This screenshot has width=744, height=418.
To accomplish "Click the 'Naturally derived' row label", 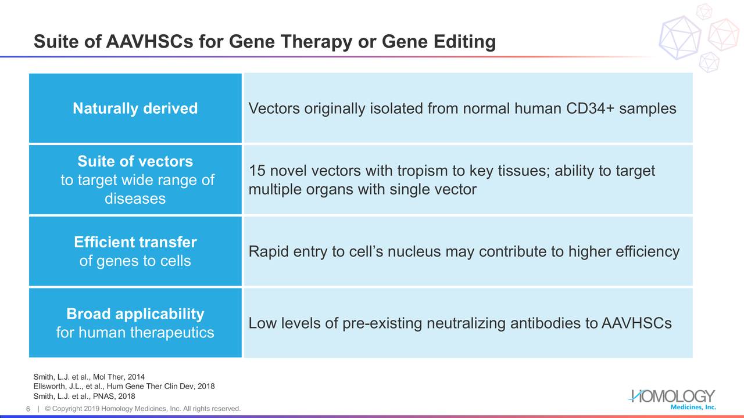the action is click(x=135, y=109).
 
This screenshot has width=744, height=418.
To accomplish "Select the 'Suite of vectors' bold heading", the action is click(x=135, y=161).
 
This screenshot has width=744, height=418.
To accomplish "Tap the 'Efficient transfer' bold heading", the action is click(x=135, y=242).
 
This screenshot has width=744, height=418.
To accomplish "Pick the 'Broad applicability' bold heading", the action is click(x=135, y=314).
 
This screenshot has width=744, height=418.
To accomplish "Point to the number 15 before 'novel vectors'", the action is click(x=257, y=171).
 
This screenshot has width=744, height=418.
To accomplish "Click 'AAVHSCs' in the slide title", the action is click(x=149, y=41).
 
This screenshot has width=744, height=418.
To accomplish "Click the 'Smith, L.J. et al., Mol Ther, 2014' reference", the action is click(x=89, y=377).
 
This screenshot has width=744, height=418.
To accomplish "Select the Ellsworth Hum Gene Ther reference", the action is click(x=124, y=386).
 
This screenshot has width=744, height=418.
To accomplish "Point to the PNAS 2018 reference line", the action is click(x=84, y=396).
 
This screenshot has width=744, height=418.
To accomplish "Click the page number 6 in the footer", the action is click(x=28, y=409).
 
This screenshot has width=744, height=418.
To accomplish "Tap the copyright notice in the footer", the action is click(x=143, y=409).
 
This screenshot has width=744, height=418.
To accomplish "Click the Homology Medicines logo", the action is click(x=673, y=399).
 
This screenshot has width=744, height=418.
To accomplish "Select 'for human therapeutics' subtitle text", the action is click(x=135, y=333).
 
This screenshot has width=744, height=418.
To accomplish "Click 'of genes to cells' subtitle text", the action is click(x=135, y=261).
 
